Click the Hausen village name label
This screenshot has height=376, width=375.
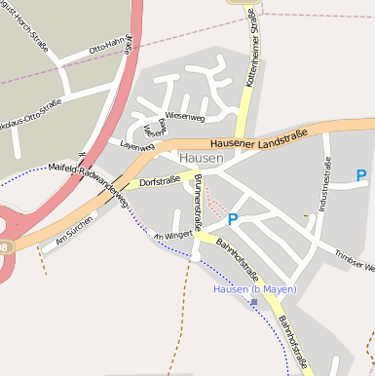[202, 157]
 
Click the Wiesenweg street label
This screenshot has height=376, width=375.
[185, 115]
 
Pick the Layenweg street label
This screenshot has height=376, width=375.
[137, 146]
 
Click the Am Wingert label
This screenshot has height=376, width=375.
[172, 235]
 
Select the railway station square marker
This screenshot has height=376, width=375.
[254, 302]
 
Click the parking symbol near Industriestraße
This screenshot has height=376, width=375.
[361, 176]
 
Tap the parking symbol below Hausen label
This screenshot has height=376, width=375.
[233, 220]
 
